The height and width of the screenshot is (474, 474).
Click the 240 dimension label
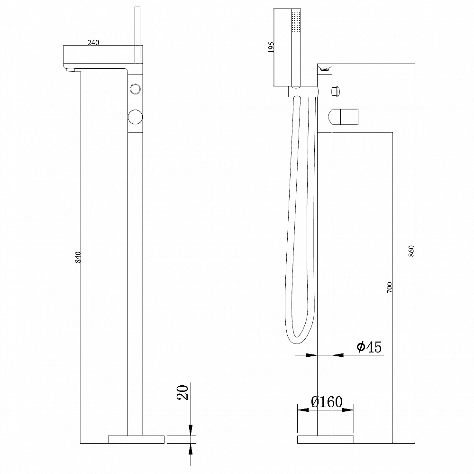(x=93, y=43)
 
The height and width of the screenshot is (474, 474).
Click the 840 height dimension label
(x=78, y=257)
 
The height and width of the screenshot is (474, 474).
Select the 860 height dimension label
(x=411, y=251)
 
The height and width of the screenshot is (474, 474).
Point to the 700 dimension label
(x=389, y=287)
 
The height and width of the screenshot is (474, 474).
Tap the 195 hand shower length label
(x=271, y=47)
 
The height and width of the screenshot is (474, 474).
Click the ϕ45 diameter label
(x=369, y=346)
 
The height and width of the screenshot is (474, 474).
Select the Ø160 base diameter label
(x=327, y=402)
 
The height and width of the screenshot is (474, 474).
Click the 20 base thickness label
(x=182, y=392)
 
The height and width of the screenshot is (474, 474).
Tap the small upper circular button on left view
(x=135, y=89)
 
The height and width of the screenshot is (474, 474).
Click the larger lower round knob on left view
(x=135, y=117)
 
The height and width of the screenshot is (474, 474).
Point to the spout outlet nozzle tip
(x=70, y=71)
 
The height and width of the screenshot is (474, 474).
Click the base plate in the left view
(x=136, y=439)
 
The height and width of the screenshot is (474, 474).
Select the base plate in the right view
(x=325, y=439)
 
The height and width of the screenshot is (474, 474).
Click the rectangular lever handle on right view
(x=349, y=117)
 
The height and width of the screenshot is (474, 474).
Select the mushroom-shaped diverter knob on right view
(x=337, y=91)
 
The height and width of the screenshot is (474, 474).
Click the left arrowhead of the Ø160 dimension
(x=303, y=410)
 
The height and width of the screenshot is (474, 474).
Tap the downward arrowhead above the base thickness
(x=191, y=430)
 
